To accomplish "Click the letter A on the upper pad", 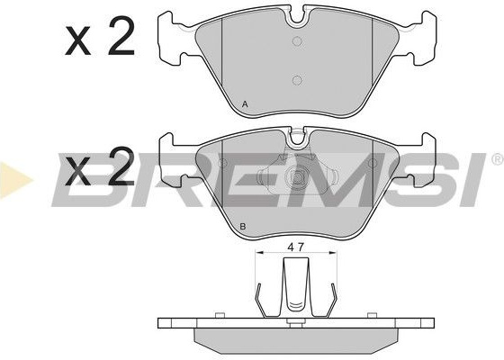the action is click(x=245, y=104).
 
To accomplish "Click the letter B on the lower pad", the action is click(x=243, y=226).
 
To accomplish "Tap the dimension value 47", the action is click(x=296, y=247).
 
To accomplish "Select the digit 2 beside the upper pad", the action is click(x=121, y=36).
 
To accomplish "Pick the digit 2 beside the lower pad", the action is click(x=121, y=166).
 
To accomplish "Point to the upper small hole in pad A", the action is click(x=297, y=41).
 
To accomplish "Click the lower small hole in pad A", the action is click(x=297, y=80).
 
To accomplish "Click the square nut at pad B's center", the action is click(x=296, y=176).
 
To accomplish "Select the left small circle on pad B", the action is click(x=222, y=164).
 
